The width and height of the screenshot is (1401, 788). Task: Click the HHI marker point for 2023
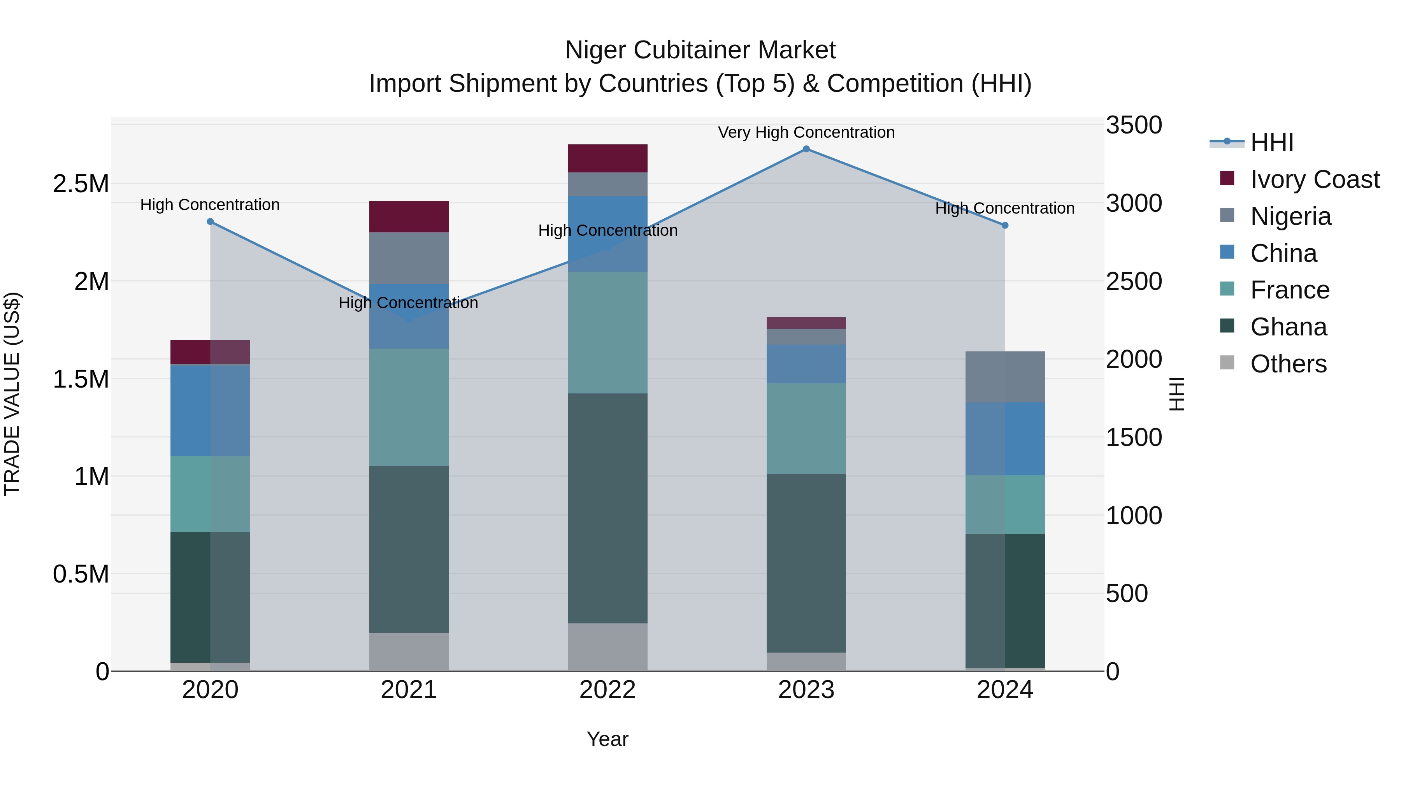tap(806, 149)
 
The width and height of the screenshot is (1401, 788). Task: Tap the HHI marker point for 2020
tap(211, 222)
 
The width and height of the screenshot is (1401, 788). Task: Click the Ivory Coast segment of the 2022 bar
tap(607, 158)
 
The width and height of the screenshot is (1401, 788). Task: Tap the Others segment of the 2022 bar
tap(607, 647)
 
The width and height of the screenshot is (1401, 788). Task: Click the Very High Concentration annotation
tap(806, 132)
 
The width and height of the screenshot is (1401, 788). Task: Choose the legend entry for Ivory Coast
tap(1315, 179)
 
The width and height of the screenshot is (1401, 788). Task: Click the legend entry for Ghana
tap(1289, 327)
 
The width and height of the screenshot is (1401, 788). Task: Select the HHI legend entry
tap(1271, 142)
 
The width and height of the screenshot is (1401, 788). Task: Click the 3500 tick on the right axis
tap(1134, 125)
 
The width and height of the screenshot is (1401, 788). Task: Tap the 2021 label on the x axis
tap(409, 690)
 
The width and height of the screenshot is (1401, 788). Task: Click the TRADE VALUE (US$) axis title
tap(12, 394)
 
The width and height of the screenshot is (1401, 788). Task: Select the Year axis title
tap(607, 739)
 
